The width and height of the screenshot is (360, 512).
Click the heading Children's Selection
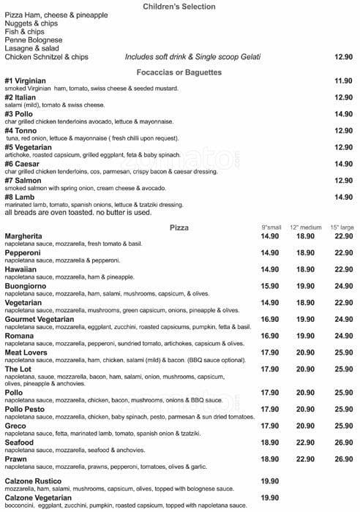(179, 7)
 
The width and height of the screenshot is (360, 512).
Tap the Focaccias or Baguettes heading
(179, 72)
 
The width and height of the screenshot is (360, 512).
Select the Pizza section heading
(179, 227)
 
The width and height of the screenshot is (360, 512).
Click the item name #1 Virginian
(25, 80)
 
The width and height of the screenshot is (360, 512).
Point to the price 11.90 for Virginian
(343, 80)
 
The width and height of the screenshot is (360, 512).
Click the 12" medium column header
(305, 228)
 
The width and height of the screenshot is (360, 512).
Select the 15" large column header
(342, 228)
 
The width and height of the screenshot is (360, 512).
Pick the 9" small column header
(270, 228)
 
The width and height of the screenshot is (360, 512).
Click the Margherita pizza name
(23, 236)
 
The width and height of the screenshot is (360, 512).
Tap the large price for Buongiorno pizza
(343, 286)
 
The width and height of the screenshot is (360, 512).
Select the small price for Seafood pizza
(270, 443)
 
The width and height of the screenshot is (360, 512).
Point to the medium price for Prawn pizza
(305, 459)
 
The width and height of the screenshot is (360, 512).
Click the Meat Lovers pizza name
(27, 352)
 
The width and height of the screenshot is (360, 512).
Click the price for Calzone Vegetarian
(270, 497)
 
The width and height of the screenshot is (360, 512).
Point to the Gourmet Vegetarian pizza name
(41, 319)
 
